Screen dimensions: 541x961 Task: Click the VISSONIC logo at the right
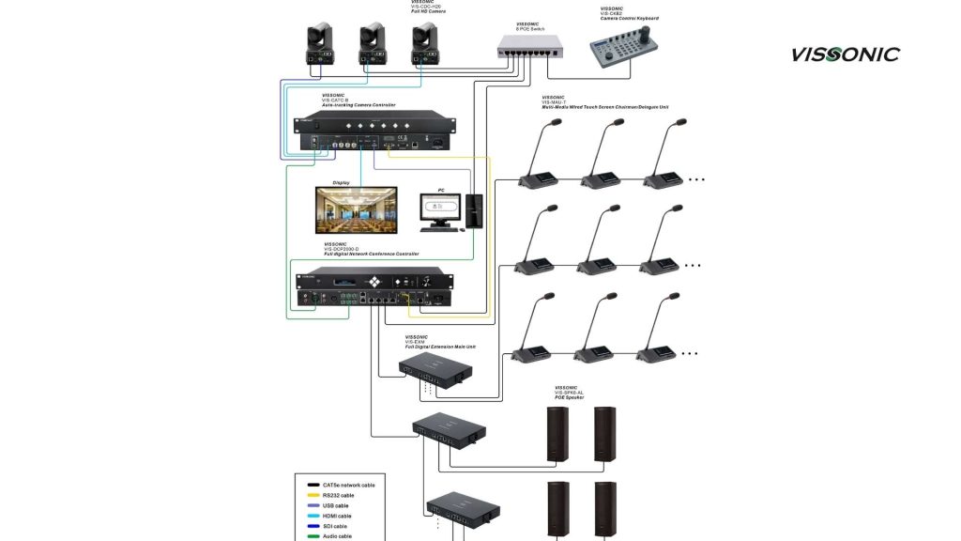tap(845, 54)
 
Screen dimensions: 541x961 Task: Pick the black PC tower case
tap(475, 210)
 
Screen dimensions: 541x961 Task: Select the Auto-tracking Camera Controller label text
tap(358, 105)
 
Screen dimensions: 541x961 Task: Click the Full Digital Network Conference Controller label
tap(371, 254)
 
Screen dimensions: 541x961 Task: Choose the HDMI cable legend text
tap(337, 516)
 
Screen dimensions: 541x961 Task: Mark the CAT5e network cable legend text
tap(348, 485)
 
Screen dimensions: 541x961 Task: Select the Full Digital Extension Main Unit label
tap(440, 347)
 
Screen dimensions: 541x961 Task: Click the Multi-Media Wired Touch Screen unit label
tap(605, 107)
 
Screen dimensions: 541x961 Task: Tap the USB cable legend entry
tap(335, 505)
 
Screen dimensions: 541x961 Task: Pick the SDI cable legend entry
tap(334, 526)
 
